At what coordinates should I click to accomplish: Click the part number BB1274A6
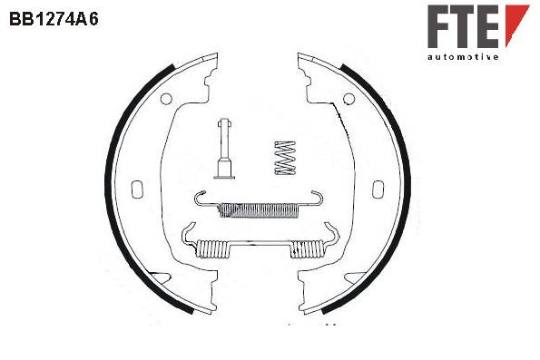(x=54, y=19)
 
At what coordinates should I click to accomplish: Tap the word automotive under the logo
(x=463, y=57)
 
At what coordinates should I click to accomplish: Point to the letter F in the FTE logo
(x=439, y=26)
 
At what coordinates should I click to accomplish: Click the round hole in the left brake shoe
(x=166, y=99)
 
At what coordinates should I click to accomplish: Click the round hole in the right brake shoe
(x=349, y=99)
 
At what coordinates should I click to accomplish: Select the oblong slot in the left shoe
(x=137, y=190)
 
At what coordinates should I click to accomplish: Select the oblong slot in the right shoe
(x=378, y=190)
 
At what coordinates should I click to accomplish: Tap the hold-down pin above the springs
(x=224, y=149)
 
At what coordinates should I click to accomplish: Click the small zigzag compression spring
(x=285, y=158)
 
